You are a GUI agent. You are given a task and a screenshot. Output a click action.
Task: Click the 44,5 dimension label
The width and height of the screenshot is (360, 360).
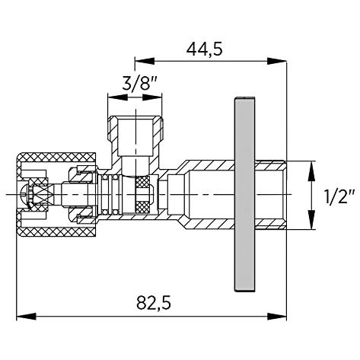(x=205, y=49)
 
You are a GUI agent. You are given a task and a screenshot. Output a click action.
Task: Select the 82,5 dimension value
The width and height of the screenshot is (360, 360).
(x=154, y=303)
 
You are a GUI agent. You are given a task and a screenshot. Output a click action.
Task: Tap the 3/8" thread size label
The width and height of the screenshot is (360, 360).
(x=140, y=84)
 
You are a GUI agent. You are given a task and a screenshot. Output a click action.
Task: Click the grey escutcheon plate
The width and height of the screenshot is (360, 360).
(x=244, y=194)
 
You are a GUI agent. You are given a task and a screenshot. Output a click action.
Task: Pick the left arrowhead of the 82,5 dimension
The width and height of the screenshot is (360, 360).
(x=26, y=317)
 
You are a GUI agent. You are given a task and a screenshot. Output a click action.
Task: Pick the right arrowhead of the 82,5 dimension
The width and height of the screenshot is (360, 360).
(x=277, y=317)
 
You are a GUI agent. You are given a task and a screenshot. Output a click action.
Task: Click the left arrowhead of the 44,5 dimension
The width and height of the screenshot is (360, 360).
(x=145, y=61)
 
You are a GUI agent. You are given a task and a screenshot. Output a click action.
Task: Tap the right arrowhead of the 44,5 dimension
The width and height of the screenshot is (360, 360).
(x=277, y=61)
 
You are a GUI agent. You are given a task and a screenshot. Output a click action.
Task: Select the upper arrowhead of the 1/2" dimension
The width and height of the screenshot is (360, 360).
(x=311, y=171)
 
